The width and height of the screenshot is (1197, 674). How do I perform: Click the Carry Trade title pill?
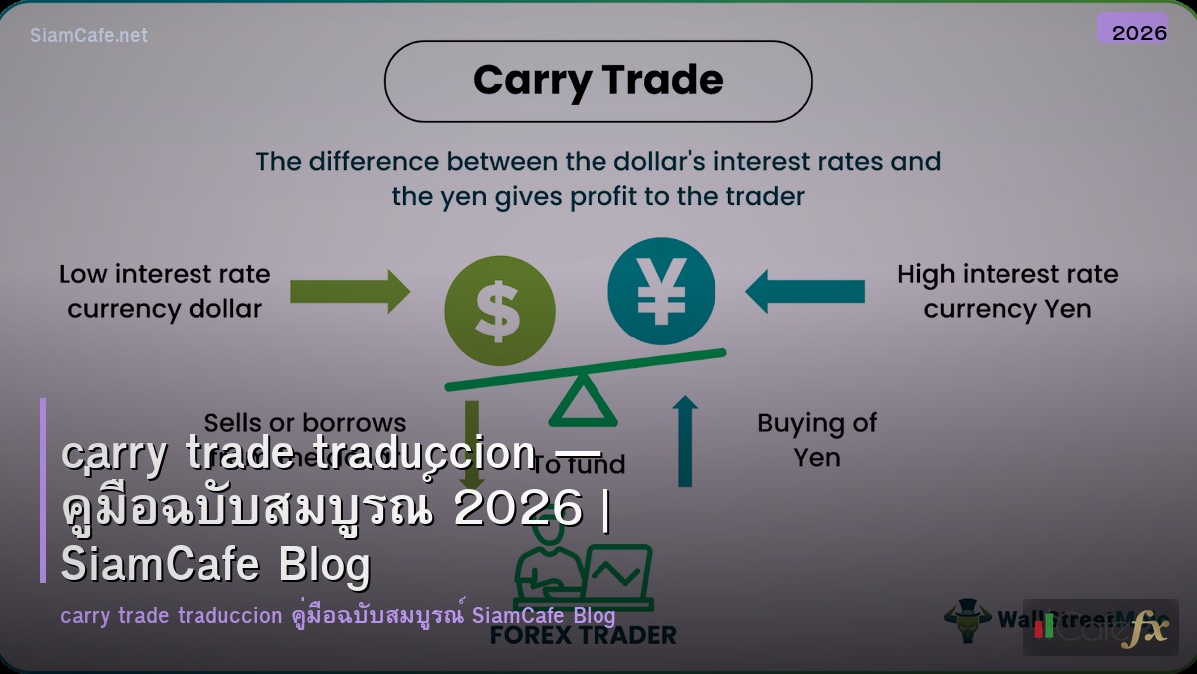pyautogui.click(x=598, y=81)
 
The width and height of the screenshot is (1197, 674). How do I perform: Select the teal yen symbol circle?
pyautogui.click(x=661, y=289)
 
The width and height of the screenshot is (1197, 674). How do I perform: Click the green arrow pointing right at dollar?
pyautogui.click(x=349, y=291)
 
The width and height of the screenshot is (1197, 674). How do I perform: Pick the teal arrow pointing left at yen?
pyautogui.click(x=805, y=291)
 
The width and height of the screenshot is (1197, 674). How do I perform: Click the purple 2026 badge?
pyautogui.click(x=1132, y=30)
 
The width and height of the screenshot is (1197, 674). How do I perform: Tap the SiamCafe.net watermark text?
pyautogui.click(x=89, y=35)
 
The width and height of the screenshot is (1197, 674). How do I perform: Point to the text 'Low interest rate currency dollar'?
pyautogui.click(x=165, y=291)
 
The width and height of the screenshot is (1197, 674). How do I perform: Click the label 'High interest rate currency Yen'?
pyautogui.click(x=1006, y=291)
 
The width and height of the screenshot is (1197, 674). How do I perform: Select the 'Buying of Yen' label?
pyautogui.click(x=817, y=440)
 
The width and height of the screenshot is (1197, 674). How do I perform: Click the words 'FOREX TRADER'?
pyautogui.click(x=584, y=635)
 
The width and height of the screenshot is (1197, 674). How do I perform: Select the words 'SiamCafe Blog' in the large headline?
pyautogui.click(x=215, y=565)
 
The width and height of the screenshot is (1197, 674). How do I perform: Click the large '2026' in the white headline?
pyautogui.click(x=518, y=510)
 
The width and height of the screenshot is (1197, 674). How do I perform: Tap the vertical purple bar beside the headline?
pyautogui.click(x=43, y=490)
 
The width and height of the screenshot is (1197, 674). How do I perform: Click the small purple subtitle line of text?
pyautogui.click(x=337, y=615)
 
